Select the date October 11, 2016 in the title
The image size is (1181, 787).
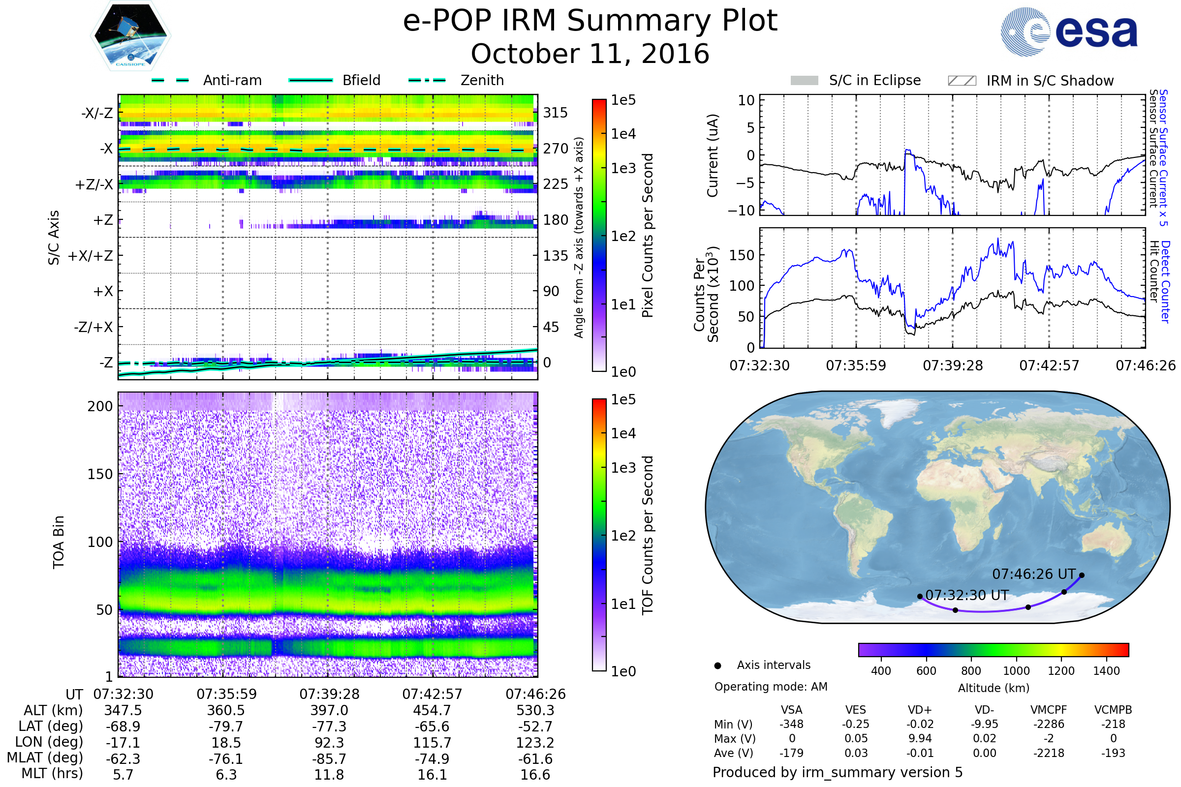pyautogui.click(x=590, y=54)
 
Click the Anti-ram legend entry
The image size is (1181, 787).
pyautogui.click(x=232, y=80)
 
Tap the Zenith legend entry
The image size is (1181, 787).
pyautogui.click(x=482, y=80)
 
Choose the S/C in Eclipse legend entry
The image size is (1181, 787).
pyautogui.click(x=874, y=80)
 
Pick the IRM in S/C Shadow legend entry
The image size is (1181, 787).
pyautogui.click(x=1050, y=81)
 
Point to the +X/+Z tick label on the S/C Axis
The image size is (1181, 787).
pyautogui.click(x=91, y=256)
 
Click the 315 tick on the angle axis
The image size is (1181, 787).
pyautogui.click(x=555, y=113)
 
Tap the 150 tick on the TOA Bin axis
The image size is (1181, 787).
pyautogui.click(x=100, y=474)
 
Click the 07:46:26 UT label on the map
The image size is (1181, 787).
pyautogui.click(x=1033, y=574)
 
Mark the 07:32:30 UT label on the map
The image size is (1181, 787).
pyautogui.click(x=966, y=595)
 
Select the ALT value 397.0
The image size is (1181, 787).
pyautogui.click(x=329, y=711)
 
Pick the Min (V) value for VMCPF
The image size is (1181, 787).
pyautogui.click(x=1049, y=724)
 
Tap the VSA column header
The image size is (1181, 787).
pyautogui.click(x=791, y=710)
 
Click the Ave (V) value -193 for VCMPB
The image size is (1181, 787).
pyautogui.click(x=1113, y=753)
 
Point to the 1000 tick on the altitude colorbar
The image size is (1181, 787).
pyautogui.click(x=1016, y=671)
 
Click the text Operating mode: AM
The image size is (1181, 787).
pyautogui.click(x=771, y=687)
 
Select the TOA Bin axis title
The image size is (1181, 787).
pyautogui.click(x=59, y=542)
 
